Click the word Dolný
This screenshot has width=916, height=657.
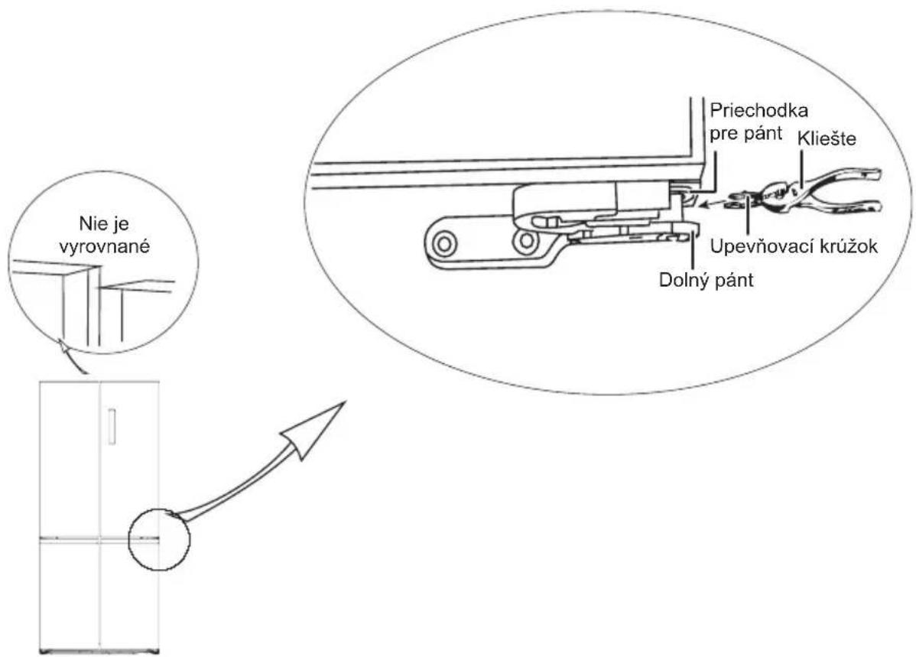click(681, 279)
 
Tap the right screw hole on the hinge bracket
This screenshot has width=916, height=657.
click(525, 242)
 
